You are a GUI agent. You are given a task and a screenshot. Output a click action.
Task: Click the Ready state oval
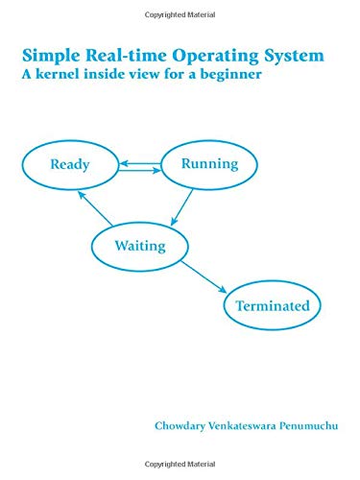70,164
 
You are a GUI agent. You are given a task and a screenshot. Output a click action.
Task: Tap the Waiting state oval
140,246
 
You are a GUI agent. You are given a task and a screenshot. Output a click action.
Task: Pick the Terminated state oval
273,307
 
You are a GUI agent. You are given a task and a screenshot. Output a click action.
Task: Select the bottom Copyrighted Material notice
180,473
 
